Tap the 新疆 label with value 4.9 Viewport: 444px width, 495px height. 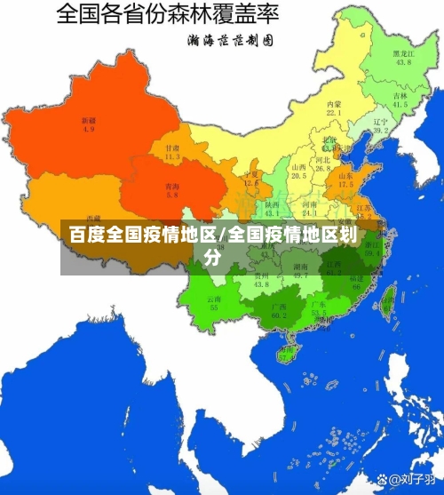coord(89,124)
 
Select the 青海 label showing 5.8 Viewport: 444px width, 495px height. coord(171,190)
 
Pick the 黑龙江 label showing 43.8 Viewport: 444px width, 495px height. coord(403,58)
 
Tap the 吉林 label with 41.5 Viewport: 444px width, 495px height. coord(400,100)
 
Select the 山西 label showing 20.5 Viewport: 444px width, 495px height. coord(299,171)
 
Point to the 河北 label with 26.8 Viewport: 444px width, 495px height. coord(322,164)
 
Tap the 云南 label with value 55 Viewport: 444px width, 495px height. coord(214,302)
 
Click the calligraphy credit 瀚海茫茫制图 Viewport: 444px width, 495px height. coord(229,40)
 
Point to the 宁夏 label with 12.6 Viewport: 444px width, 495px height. coord(251,180)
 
